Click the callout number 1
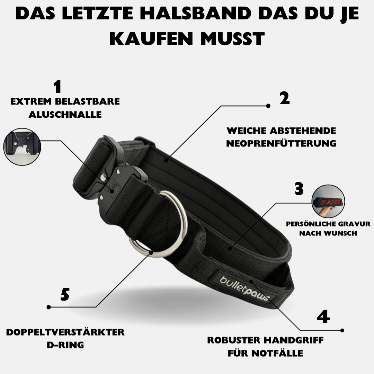(57, 87)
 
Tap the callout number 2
(284, 99)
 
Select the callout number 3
(299, 189)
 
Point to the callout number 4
(323, 316)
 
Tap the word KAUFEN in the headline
(152, 39)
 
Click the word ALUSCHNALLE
(65, 115)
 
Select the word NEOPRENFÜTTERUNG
(281, 143)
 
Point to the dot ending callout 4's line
(342, 330)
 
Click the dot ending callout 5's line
(49, 307)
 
